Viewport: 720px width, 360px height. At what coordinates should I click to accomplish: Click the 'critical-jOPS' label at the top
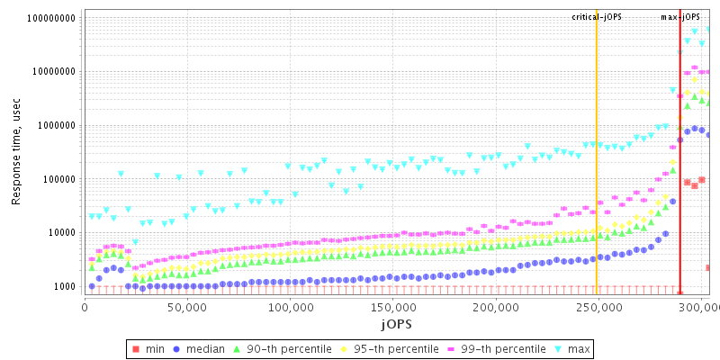pos(597,17)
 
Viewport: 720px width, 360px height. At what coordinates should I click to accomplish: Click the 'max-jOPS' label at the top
pos(680,17)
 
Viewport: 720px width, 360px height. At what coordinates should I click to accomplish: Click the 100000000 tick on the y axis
pos(50,18)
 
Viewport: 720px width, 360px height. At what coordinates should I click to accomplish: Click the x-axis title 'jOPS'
pos(396,323)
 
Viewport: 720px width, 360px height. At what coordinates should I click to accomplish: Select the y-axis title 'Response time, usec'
pos(16,153)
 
